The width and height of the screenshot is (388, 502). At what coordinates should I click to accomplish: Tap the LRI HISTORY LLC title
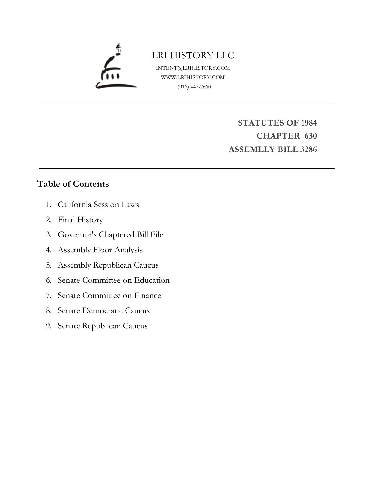pos(193,55)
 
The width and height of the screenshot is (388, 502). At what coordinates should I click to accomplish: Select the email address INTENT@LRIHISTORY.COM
pos(193,68)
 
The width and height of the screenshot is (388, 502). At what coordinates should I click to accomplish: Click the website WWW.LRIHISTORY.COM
pos(193,77)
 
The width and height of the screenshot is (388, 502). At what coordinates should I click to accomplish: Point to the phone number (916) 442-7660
pos(194,87)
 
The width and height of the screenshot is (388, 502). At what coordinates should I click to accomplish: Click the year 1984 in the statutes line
pos(309,123)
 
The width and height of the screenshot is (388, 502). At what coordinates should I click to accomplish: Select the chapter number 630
pos(310,136)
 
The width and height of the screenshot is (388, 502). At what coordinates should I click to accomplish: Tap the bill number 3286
pos(308,149)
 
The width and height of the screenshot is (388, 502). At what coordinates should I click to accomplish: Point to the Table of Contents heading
pos(73,184)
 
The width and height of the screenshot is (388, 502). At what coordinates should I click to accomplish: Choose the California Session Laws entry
pos(98,204)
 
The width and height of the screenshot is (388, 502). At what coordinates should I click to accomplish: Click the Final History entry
pos(80,220)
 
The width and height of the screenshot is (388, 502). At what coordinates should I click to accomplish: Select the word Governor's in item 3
pos(77,235)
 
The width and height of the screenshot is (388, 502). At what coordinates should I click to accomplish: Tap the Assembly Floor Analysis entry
pos(100,250)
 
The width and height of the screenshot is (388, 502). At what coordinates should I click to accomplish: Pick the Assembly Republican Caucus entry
pos(108,265)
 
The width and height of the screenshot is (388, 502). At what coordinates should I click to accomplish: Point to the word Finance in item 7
pos(147,295)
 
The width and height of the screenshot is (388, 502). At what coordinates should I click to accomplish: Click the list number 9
pos(48,326)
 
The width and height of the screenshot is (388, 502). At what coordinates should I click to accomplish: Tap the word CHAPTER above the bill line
pos(278,136)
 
